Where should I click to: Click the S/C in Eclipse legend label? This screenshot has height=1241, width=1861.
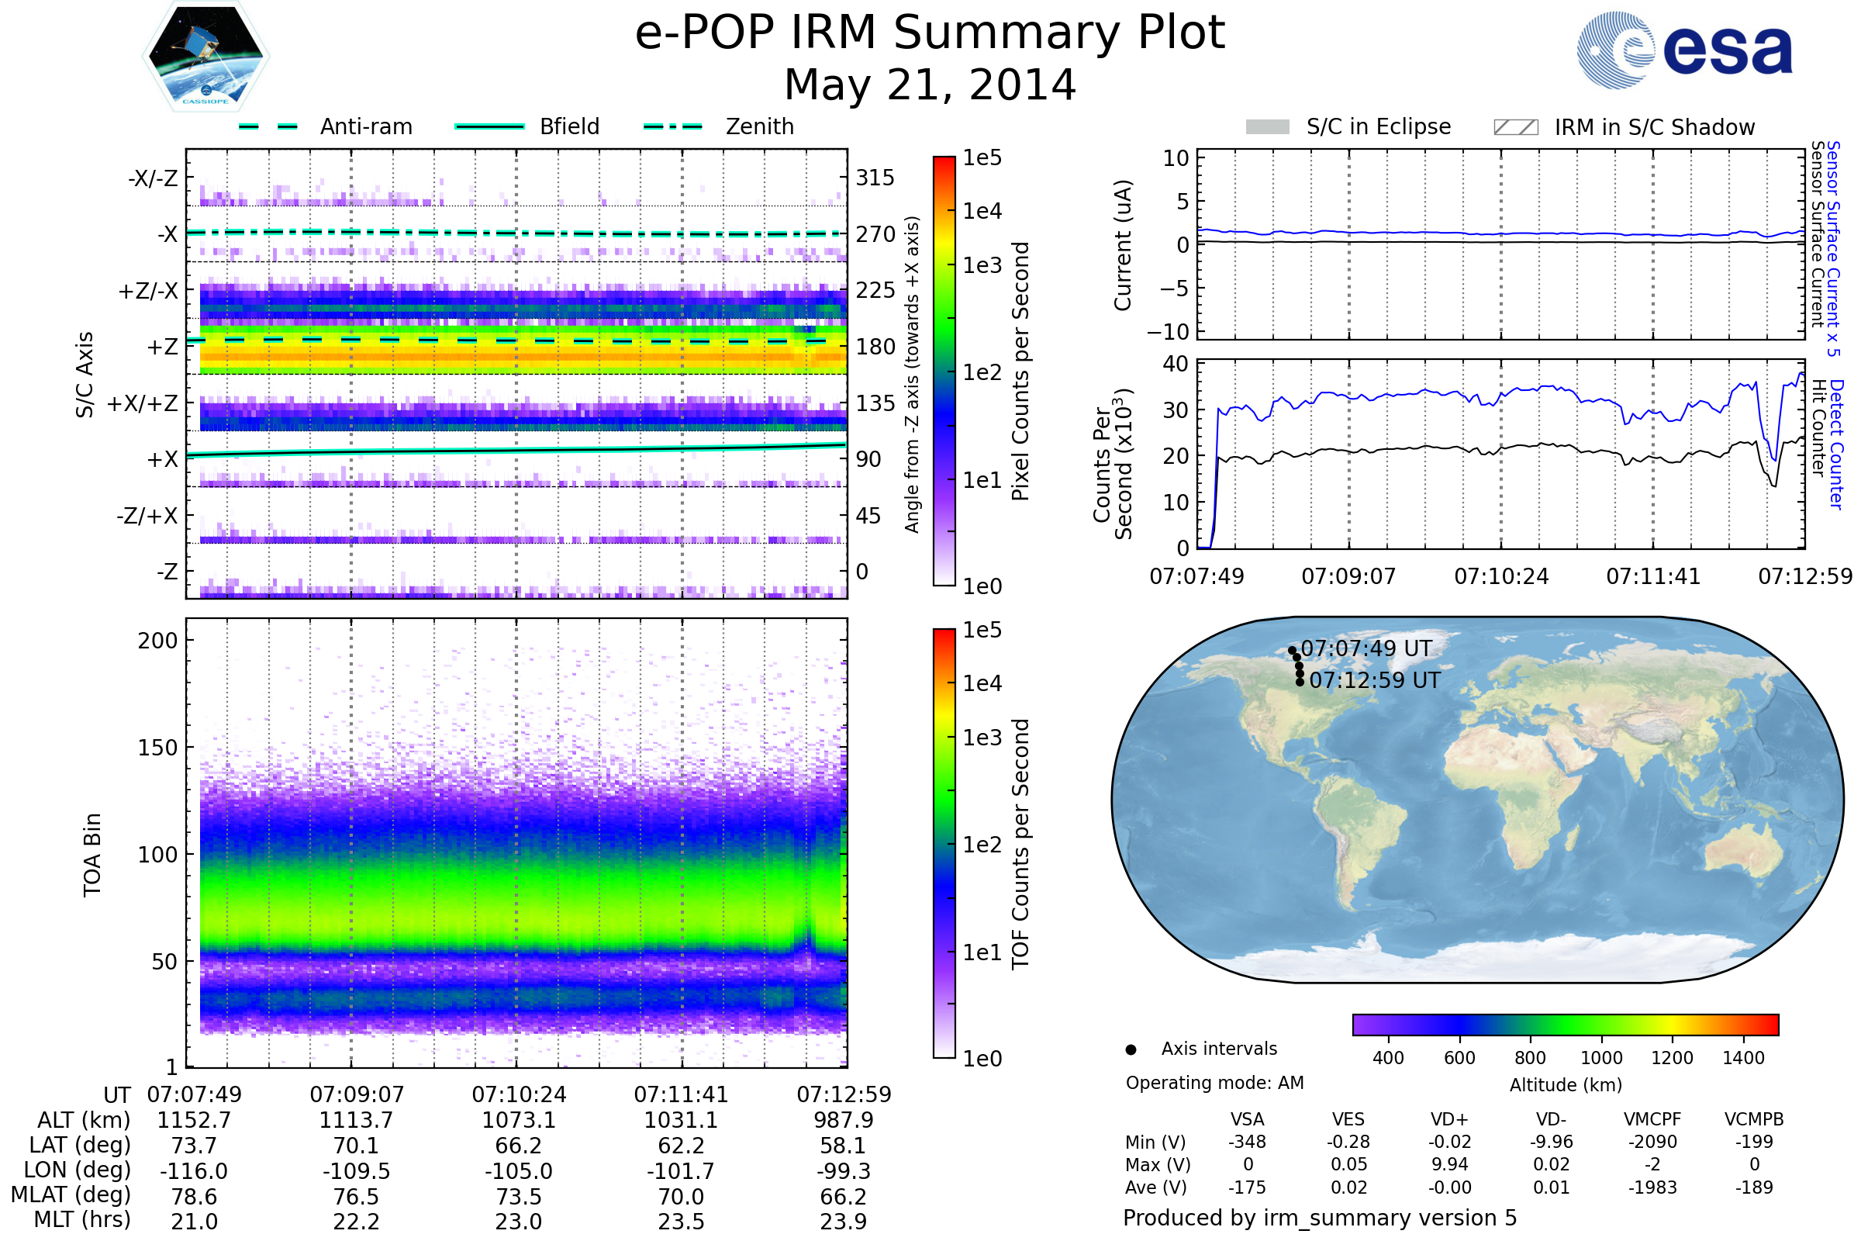pyautogui.click(x=1379, y=126)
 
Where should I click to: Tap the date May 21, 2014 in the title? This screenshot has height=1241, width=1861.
pyautogui.click(x=930, y=85)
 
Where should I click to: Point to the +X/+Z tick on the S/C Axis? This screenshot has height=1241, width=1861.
pyautogui.click(x=143, y=403)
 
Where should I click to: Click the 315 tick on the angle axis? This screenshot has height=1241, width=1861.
pyautogui.click(x=875, y=178)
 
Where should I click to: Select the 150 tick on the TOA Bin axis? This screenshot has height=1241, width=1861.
pyautogui.click(x=157, y=748)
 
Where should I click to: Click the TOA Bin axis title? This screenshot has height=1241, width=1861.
pyautogui.click(x=92, y=855)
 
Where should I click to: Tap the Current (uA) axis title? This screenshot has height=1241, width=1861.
pyautogui.click(x=1123, y=245)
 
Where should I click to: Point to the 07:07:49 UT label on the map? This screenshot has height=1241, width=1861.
pyautogui.click(x=1366, y=648)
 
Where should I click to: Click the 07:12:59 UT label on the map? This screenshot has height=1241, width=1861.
pyautogui.click(x=1375, y=680)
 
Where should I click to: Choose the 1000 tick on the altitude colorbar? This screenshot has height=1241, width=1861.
pyautogui.click(x=1601, y=1058)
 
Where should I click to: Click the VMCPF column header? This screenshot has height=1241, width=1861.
pyautogui.click(x=1652, y=1119)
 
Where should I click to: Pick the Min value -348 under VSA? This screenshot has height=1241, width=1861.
pyautogui.click(x=1247, y=1142)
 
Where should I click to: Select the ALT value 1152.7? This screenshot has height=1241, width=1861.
pyautogui.click(x=194, y=1120)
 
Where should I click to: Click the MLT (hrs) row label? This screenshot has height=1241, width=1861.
pyautogui.click(x=82, y=1219)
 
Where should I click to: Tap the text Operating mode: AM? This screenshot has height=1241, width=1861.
pyautogui.click(x=1214, y=1083)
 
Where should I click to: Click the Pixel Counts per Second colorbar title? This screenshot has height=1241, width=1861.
pyautogui.click(x=1020, y=372)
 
